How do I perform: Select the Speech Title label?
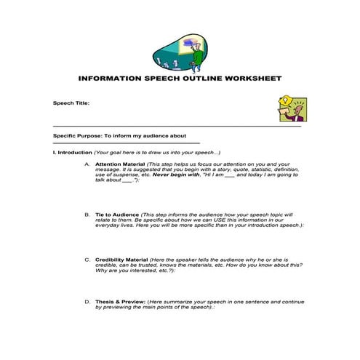pyautogui.click(x=71, y=103)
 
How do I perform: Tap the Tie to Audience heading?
pyautogui.click(x=116, y=215)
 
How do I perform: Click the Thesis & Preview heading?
pyautogui.click(x=119, y=301)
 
